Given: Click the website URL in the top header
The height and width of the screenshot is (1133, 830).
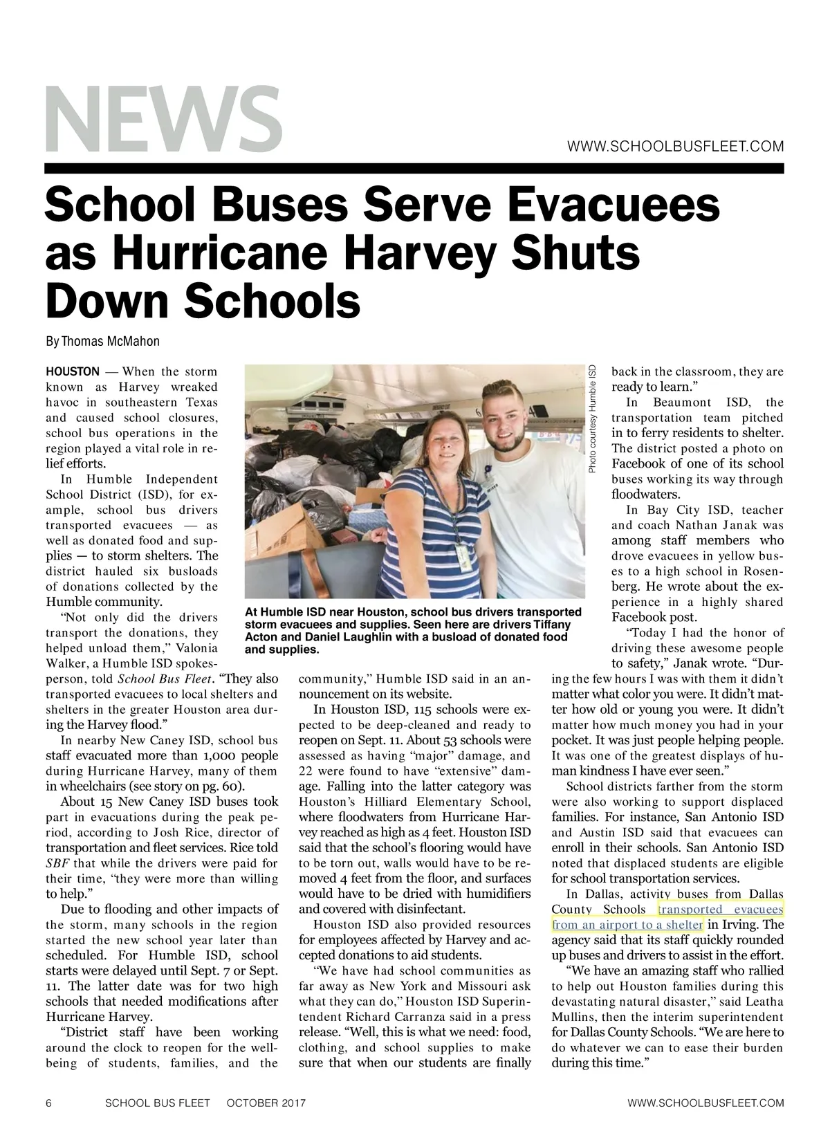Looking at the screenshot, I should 675,147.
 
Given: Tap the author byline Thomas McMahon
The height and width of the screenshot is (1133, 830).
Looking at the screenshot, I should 102,342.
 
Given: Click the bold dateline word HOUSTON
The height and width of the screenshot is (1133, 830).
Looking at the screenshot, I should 72,372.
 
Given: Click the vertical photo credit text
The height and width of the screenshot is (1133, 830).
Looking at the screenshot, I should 592,419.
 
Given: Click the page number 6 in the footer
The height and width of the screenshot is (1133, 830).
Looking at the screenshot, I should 48,1103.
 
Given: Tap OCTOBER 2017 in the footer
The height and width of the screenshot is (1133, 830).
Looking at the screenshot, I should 266,1103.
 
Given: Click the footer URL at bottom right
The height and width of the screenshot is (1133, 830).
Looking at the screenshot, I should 705,1103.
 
